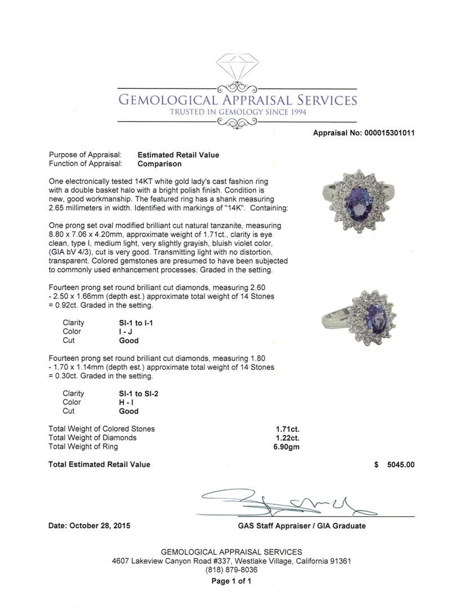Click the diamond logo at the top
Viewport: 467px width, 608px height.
[237, 69]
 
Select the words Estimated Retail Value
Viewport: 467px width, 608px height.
[178, 155]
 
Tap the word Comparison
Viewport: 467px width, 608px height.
[159, 164]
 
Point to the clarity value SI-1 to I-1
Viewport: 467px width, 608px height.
[136, 323]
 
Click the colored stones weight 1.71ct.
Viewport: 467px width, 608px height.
[287, 429]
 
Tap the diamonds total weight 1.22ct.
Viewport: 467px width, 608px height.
[287, 438]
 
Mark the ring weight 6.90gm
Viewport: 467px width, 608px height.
[286, 447]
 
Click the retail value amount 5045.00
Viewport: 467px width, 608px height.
[401, 465]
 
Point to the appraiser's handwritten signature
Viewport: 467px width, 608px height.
[287, 503]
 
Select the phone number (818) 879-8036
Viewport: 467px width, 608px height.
[232, 570]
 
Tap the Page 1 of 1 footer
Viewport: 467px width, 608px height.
[232, 581]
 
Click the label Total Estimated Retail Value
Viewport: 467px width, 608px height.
[100, 464]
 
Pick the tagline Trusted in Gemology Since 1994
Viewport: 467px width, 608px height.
[237, 112]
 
